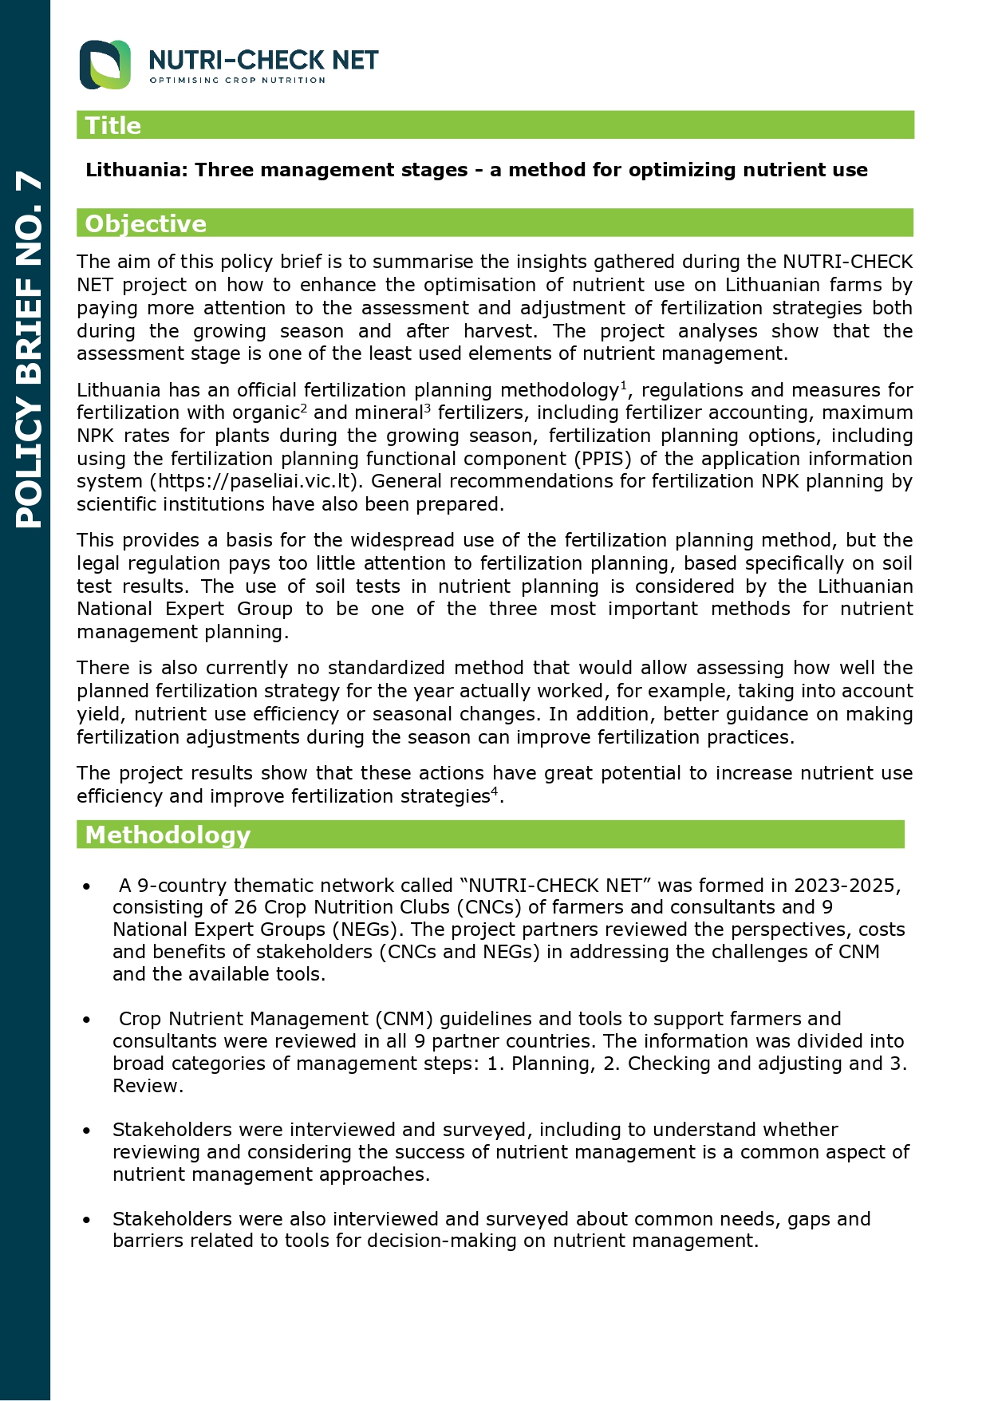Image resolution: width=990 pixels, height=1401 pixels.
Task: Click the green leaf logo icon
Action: (x=105, y=65)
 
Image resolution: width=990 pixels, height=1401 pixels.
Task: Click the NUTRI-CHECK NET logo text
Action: (x=263, y=60)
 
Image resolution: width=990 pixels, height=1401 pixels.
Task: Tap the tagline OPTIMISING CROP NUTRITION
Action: (x=238, y=81)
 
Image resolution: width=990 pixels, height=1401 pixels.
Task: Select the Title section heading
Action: (x=113, y=126)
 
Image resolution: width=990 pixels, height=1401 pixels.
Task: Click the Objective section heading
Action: (x=145, y=224)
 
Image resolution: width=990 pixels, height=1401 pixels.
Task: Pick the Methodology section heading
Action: (x=168, y=835)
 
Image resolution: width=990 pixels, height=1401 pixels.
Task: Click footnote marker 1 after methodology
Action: (x=624, y=385)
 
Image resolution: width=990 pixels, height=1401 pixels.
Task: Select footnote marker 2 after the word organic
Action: (x=304, y=408)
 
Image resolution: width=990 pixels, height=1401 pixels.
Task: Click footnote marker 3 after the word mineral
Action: (x=428, y=408)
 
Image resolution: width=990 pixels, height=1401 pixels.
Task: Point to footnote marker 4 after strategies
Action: (x=494, y=791)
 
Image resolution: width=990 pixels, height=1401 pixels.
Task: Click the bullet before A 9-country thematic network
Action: (x=86, y=887)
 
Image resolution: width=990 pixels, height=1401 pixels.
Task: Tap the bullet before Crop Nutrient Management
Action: (x=86, y=1020)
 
